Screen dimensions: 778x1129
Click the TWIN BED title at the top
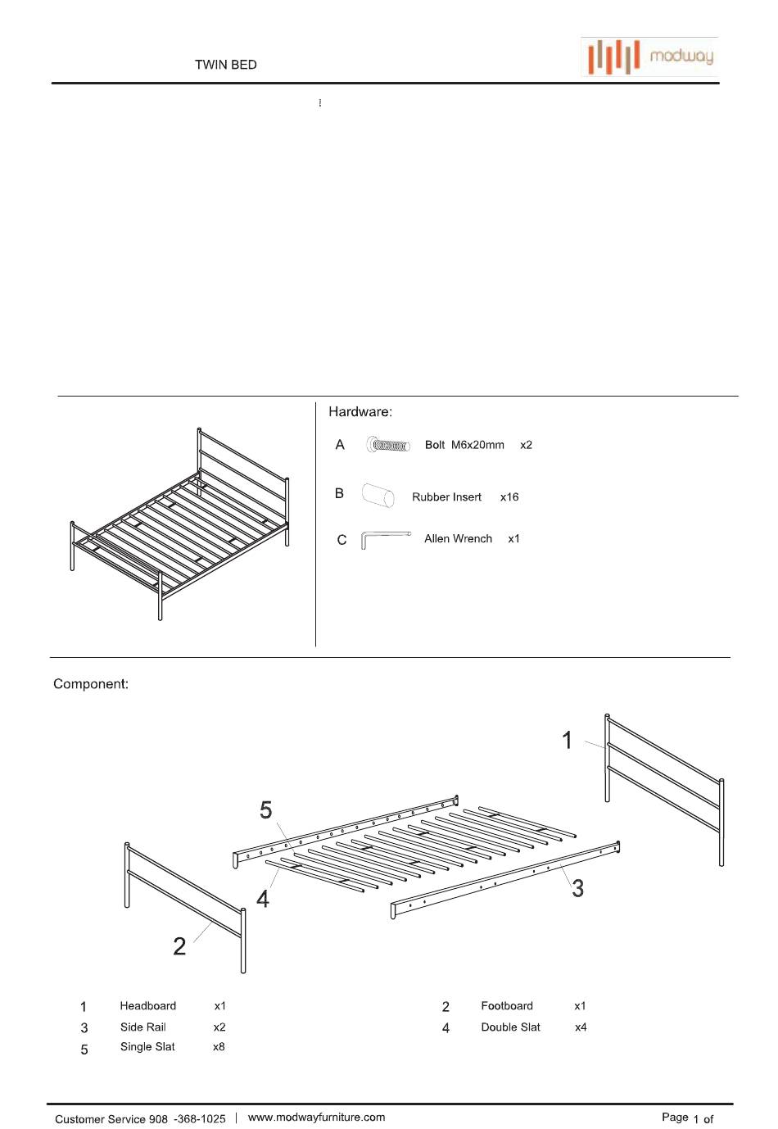(225, 65)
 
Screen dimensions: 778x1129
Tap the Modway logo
(649, 57)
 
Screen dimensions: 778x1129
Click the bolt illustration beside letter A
(388, 446)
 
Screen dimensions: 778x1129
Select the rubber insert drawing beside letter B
(378, 496)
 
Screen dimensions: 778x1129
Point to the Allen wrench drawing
(384, 539)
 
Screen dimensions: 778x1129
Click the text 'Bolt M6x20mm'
(464, 445)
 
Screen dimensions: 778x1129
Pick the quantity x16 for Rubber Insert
(509, 497)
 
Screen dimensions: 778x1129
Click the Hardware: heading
(360, 412)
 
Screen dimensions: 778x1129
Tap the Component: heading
(91, 684)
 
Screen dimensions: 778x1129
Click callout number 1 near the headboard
(567, 741)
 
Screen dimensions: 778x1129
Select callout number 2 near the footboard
(179, 946)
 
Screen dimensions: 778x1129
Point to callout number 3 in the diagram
(577, 888)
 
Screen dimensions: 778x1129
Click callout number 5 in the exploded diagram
(265, 810)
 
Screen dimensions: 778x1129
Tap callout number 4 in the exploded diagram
(263, 899)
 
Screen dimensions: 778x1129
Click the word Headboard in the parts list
(147, 1006)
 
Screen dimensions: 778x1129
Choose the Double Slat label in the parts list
(510, 1027)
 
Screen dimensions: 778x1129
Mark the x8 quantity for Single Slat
(219, 1047)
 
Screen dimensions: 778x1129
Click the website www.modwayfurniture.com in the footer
(316, 1118)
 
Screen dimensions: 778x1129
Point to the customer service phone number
(188, 1119)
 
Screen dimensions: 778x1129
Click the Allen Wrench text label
(458, 539)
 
